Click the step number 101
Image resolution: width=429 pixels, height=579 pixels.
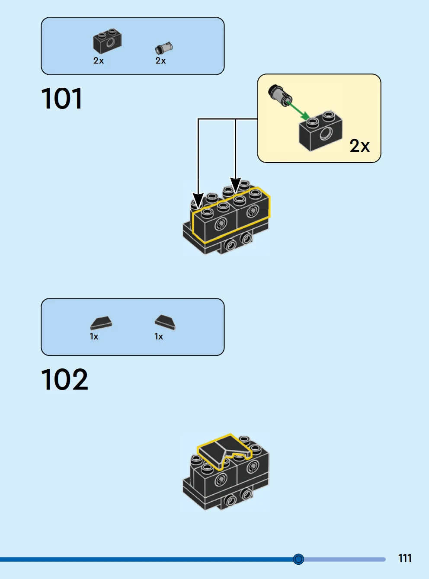61,99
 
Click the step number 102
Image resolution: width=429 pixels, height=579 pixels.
64,380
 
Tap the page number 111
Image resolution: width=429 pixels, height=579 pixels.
405,558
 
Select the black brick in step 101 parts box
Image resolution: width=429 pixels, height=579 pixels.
107,42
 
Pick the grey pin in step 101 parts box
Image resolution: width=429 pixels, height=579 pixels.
163,48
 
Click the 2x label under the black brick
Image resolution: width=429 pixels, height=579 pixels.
99,61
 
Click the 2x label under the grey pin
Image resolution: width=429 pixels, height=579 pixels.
160,61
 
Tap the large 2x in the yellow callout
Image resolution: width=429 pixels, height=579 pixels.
359,146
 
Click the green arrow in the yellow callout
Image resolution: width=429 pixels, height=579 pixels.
298,110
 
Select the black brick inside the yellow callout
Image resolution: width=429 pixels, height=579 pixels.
320,131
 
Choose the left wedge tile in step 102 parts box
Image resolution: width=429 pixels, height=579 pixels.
101,323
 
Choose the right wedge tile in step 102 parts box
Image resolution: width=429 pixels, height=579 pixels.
165,321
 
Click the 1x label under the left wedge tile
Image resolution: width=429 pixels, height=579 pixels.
94,336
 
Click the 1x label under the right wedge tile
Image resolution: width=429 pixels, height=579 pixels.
159,336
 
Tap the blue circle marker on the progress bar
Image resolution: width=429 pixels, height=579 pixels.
298,559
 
